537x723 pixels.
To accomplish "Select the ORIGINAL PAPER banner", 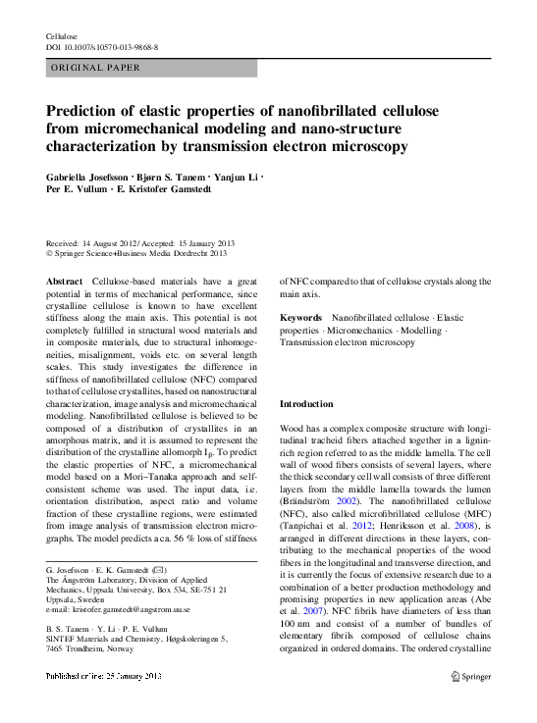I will click(x=95, y=68).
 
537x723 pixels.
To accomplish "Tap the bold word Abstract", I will click(x=65, y=282).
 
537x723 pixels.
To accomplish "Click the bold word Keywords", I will click(x=300, y=318).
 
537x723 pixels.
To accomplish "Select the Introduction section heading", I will click(x=306, y=404).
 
